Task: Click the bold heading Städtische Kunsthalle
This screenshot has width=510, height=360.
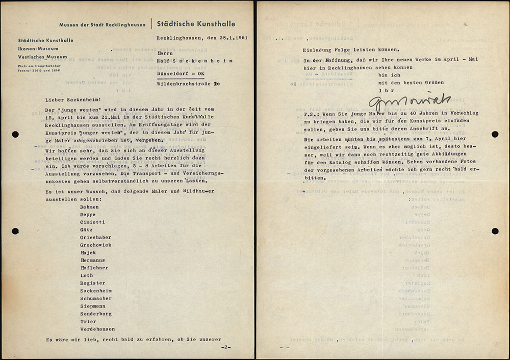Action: (x=196, y=23)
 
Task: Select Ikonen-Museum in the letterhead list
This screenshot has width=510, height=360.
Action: (x=38, y=49)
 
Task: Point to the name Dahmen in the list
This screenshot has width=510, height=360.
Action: (x=90, y=207)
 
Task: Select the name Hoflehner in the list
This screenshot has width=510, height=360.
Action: (x=94, y=268)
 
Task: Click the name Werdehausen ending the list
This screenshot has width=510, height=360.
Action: (x=97, y=329)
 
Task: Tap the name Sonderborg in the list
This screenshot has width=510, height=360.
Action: (x=96, y=314)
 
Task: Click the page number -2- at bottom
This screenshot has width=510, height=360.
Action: (x=226, y=347)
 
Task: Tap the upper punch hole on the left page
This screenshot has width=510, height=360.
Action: (x=15, y=134)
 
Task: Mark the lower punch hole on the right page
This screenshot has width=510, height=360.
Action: (x=495, y=231)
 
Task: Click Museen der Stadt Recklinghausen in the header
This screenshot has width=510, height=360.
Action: (x=103, y=24)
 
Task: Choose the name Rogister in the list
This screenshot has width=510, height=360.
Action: (x=93, y=283)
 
